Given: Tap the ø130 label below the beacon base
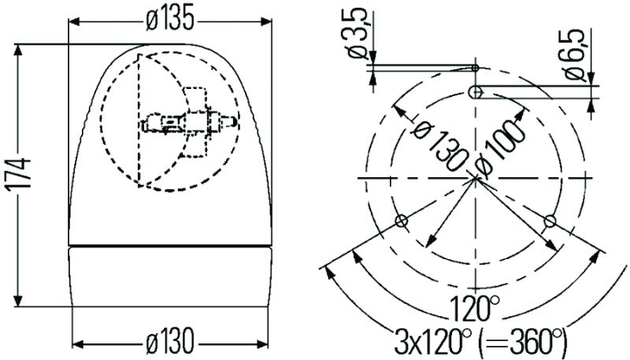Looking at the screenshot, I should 169,343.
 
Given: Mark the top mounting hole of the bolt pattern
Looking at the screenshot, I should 476,92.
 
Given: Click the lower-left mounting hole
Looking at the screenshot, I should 402,220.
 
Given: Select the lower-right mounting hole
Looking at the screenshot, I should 550,220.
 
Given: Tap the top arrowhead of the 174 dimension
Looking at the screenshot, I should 22,49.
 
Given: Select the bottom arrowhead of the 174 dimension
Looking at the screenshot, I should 22,302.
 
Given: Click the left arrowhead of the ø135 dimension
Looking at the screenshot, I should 74,20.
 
